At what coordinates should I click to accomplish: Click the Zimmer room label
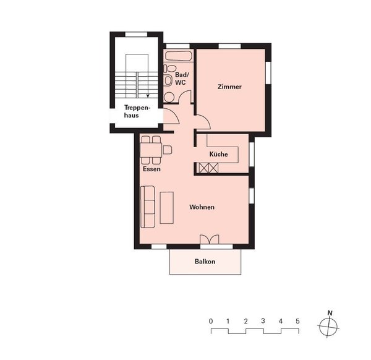point(229,87)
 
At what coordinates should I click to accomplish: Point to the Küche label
point(218,154)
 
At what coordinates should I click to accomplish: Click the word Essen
point(151,169)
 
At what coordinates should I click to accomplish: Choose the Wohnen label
point(202,207)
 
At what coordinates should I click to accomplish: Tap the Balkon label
point(205,262)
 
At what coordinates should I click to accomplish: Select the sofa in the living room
point(148,206)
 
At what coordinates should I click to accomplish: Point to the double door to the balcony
point(209,239)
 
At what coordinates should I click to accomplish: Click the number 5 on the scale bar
point(297,321)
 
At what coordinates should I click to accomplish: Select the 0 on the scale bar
point(211,321)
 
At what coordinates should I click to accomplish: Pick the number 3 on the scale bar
point(263,321)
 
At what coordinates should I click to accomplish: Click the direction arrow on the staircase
point(147,95)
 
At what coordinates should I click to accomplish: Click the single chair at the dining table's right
point(167,149)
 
